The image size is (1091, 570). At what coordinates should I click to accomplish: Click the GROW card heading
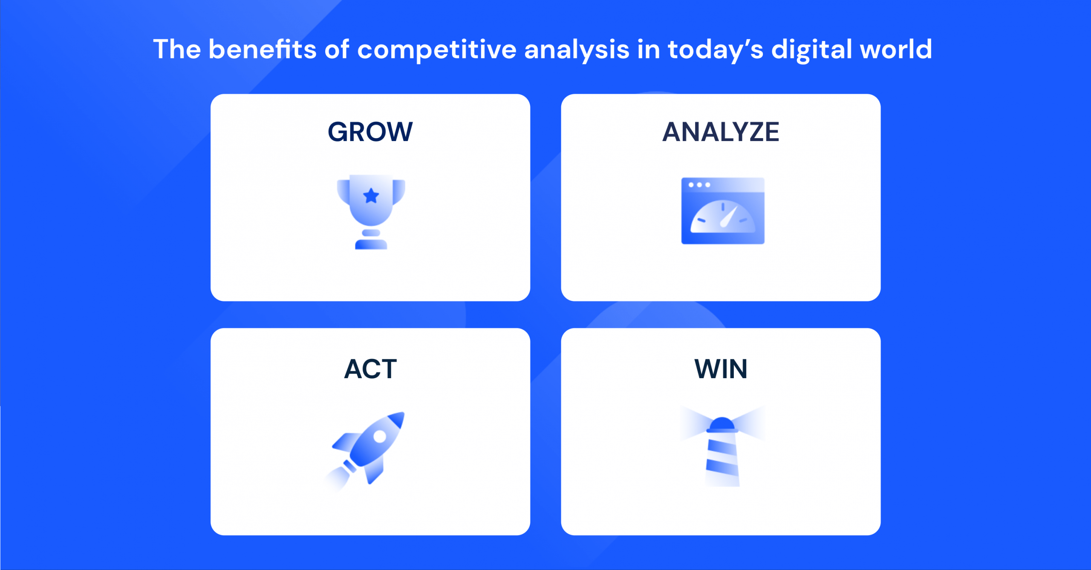370,132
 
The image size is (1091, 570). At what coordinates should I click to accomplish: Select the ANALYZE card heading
721,132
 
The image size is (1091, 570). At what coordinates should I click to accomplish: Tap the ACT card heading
370,369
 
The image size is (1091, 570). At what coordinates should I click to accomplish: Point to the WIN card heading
721,369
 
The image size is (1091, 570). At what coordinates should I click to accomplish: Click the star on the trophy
371,196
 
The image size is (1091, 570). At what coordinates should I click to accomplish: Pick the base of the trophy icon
371,244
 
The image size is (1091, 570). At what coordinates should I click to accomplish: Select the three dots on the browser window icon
699,185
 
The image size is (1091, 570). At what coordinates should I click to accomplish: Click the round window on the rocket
379,436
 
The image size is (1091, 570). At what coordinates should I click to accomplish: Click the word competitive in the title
436,49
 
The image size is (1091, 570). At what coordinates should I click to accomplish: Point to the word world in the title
895,49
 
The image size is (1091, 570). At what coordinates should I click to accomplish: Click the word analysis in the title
576,49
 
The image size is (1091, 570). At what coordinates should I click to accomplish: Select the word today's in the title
715,49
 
